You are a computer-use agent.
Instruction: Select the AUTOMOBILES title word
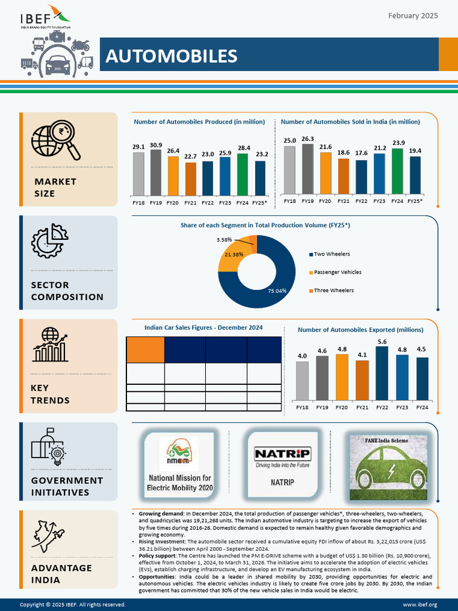171,56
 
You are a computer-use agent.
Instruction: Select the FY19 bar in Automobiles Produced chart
156,173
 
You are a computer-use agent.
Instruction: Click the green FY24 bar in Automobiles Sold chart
397,171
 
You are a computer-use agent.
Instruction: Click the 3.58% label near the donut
225,240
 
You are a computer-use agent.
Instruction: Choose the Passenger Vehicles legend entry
337,272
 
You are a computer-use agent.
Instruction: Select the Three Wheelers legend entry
333,291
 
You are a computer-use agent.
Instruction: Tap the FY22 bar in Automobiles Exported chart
381,373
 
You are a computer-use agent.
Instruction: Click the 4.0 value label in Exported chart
302,356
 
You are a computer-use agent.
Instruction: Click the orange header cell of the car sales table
145,349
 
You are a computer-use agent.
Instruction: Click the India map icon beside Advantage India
51,536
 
